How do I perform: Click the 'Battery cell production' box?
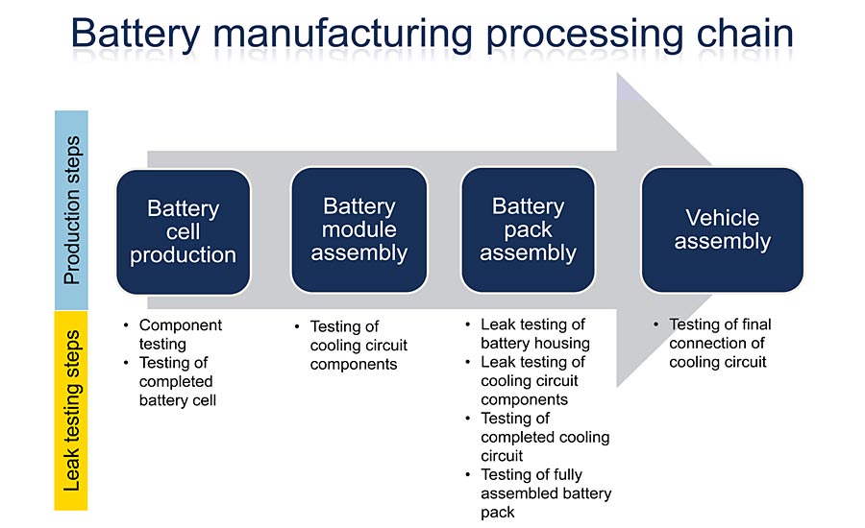click(x=183, y=231)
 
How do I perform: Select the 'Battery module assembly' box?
click(x=358, y=230)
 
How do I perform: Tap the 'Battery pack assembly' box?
click(x=528, y=230)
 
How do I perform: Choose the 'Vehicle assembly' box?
click(x=722, y=230)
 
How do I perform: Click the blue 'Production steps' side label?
click(x=71, y=209)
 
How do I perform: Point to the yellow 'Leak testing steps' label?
click(x=71, y=410)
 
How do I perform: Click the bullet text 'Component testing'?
click(x=180, y=334)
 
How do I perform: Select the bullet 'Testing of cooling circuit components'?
click(x=358, y=345)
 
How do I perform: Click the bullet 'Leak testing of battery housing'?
click(x=534, y=334)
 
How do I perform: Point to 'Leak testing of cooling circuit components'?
click(x=533, y=381)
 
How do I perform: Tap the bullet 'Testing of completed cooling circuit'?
click(x=544, y=437)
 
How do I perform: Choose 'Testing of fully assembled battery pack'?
click(x=545, y=492)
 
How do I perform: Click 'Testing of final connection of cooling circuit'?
click(x=719, y=344)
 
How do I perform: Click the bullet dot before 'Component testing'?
click(x=127, y=325)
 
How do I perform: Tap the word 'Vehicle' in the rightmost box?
click(x=722, y=218)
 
